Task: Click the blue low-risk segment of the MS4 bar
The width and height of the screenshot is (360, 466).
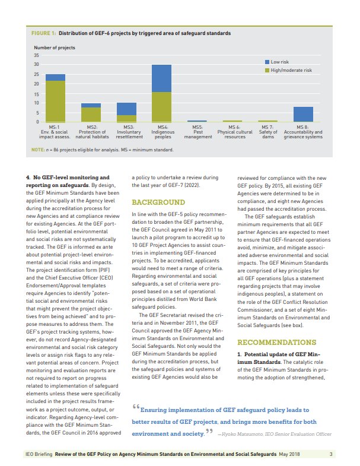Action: [161, 78]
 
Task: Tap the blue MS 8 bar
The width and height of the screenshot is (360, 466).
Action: [303, 114]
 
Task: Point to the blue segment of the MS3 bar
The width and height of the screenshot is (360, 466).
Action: [126, 109]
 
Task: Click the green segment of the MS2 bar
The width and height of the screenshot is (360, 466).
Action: [91, 114]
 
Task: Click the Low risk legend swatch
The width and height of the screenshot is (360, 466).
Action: [266, 62]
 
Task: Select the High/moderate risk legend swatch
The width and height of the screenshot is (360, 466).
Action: [266, 70]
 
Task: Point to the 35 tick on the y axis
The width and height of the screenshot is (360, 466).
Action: [36, 55]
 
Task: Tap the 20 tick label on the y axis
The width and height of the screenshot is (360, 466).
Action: [36, 84]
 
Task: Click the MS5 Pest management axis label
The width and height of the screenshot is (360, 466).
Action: [198, 132]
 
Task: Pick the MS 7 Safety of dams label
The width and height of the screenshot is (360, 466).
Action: [267, 132]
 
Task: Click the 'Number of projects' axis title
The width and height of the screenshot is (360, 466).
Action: [54, 47]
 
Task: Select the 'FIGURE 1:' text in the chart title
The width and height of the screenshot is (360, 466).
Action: [43, 33]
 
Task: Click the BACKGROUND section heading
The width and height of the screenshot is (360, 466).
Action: [154, 202]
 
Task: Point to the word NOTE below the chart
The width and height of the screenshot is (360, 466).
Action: [37, 150]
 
